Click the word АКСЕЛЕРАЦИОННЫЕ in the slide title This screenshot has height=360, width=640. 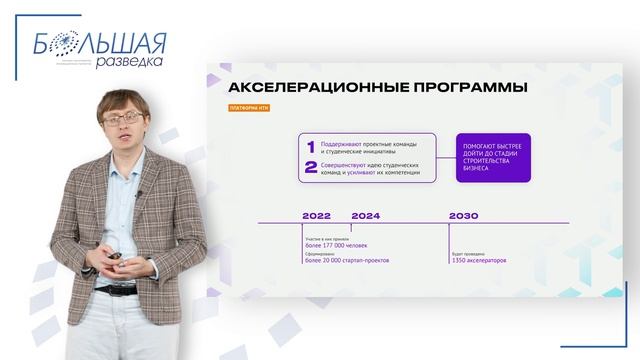coord(309,88)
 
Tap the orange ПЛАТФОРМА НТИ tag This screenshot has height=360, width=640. coord(246,108)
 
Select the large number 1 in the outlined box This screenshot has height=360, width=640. coord(311,147)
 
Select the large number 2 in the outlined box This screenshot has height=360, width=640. coord(311,167)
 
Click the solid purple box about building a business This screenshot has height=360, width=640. coord(493,158)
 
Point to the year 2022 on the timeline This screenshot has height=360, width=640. coord(316,215)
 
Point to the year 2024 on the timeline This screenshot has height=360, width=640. coord(365,215)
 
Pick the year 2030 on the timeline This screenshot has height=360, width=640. coord(463,215)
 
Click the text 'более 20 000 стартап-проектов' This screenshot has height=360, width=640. coord(346,260)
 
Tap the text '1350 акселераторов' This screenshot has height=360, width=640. coord(478,260)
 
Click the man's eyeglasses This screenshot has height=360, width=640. coord(123,118)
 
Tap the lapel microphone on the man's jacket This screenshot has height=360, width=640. coord(138,194)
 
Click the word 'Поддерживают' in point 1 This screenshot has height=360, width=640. coord(343,143)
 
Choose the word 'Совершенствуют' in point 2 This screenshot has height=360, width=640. coord(346,164)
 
